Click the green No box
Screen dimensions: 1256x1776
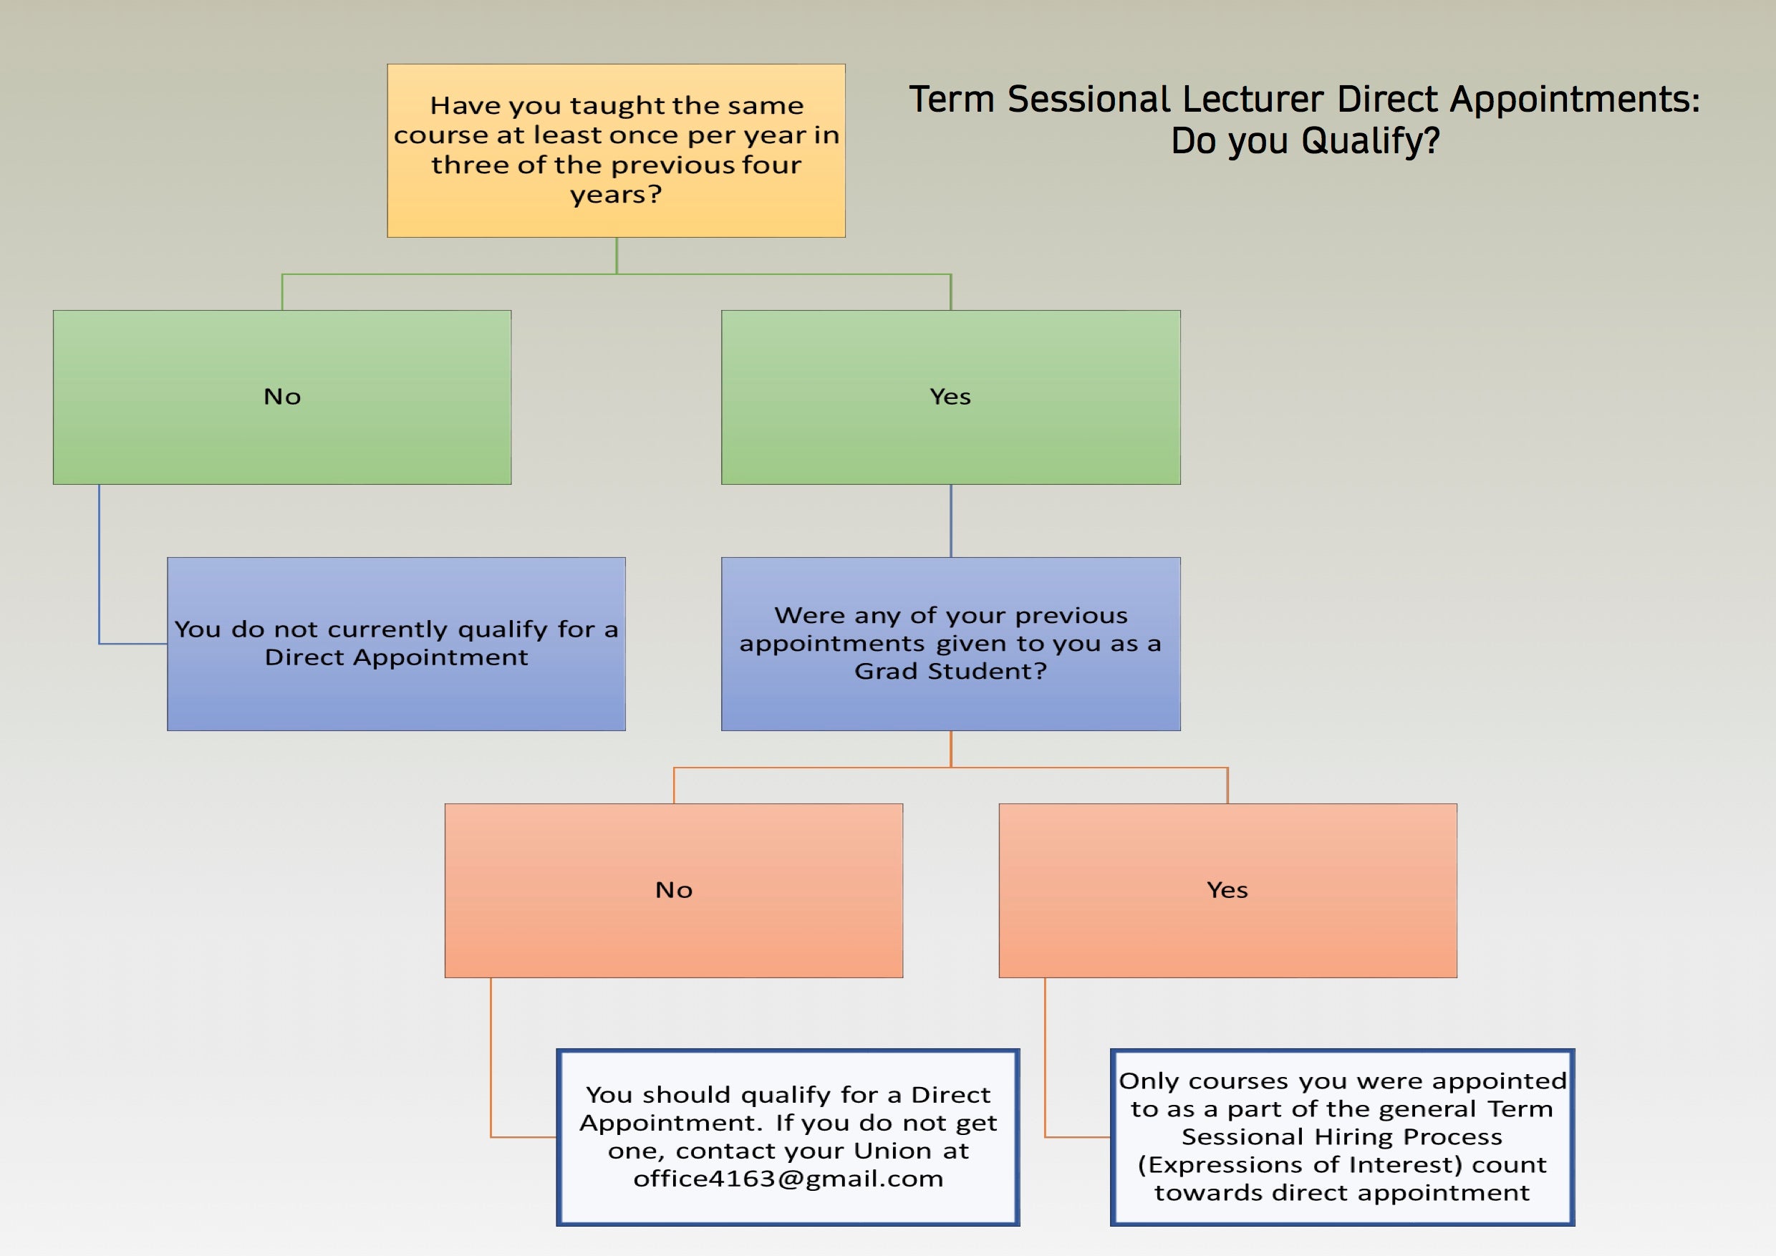[281, 397]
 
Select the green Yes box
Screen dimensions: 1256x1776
[950, 397]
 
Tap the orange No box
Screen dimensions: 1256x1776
[673, 890]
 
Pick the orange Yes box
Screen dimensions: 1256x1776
[1227, 890]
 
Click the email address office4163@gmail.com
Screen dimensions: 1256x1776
[788, 1179]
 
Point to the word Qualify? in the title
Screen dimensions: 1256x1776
[1370, 142]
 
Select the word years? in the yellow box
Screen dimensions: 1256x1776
[616, 194]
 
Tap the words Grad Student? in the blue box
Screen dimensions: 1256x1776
[950, 671]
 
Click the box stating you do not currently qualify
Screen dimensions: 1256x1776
[396, 644]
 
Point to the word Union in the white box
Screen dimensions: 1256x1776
[892, 1151]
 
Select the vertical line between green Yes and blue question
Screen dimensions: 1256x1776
[950, 521]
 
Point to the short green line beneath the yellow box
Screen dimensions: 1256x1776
[617, 255]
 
